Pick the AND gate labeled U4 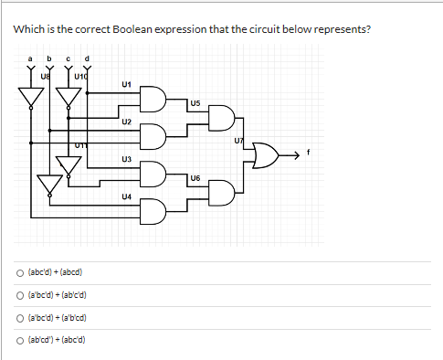coord(153,211)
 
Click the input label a coord(32,62)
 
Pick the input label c coord(69,62)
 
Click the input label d coord(87,62)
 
